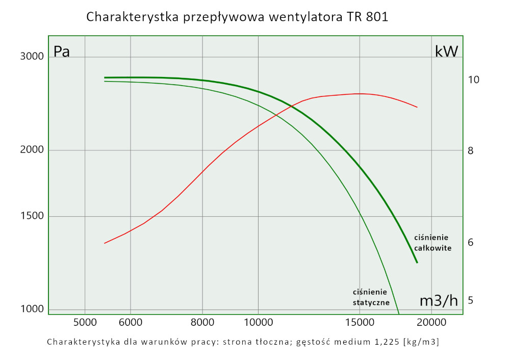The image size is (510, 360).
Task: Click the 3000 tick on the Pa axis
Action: click(32, 56)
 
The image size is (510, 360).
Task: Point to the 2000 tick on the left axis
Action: click(32, 150)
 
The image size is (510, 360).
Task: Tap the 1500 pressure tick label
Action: click(32, 216)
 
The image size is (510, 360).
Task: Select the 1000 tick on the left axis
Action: click(32, 309)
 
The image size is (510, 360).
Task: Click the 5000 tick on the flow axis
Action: click(85, 322)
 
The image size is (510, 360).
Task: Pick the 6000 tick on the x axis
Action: click(131, 322)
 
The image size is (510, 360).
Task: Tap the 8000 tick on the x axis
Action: click(203, 322)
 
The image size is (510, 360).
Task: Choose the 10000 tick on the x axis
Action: click(258, 322)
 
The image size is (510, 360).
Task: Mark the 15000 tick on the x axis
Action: click(360, 322)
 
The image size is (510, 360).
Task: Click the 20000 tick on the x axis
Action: click(431, 322)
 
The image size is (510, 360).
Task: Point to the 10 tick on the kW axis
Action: click(473, 80)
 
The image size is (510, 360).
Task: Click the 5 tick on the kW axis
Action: click(471, 300)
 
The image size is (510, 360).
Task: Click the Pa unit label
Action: click(62, 52)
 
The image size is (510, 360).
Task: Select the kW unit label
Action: click(446, 51)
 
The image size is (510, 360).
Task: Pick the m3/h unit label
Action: click(438, 301)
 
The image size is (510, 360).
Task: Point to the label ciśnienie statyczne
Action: click(371, 297)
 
